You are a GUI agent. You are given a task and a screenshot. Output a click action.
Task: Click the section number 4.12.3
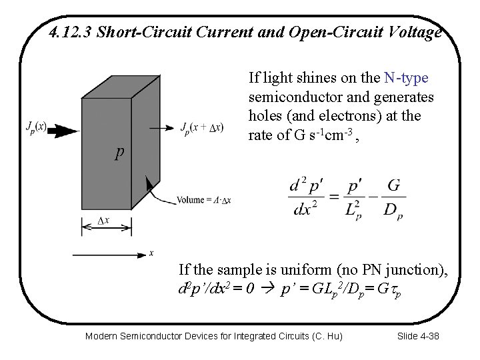(x=71, y=32)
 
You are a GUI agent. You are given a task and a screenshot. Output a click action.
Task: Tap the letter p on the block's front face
(x=118, y=153)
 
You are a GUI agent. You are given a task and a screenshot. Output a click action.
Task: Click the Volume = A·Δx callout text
(x=203, y=199)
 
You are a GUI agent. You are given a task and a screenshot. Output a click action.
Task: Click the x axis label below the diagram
(x=151, y=253)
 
